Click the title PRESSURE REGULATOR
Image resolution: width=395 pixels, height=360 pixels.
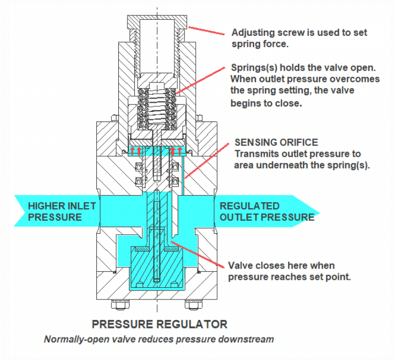[x=159, y=324]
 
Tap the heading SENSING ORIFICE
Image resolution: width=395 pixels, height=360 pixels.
[x=276, y=142]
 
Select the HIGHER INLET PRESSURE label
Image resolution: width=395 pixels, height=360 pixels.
[x=62, y=211]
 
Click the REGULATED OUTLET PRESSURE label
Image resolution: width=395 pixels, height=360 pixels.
[x=267, y=211]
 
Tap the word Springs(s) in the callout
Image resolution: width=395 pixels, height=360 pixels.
[x=252, y=68]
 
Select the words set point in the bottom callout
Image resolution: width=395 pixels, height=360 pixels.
[x=332, y=277]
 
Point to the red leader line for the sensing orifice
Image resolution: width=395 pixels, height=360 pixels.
[x=209, y=160]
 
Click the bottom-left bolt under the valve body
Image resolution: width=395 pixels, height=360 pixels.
[x=120, y=306]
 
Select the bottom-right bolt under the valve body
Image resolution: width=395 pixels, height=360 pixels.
[x=194, y=306]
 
